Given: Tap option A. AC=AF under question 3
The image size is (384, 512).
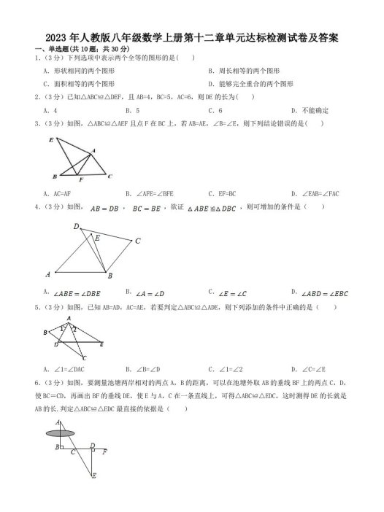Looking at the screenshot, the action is tap(58, 193).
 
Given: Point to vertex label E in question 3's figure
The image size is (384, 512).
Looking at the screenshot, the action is tap(50, 139).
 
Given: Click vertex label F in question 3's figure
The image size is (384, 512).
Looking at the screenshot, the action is tap(80, 179).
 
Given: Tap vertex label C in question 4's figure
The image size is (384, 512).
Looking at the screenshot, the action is tap(137, 240).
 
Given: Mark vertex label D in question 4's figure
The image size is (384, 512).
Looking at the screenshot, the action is tap(76, 227).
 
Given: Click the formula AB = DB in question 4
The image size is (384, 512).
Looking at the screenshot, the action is tap(104, 207).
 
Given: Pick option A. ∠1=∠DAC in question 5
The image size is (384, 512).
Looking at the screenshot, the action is tap(62, 368).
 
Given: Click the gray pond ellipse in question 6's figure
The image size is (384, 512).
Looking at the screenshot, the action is tap(61, 433).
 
